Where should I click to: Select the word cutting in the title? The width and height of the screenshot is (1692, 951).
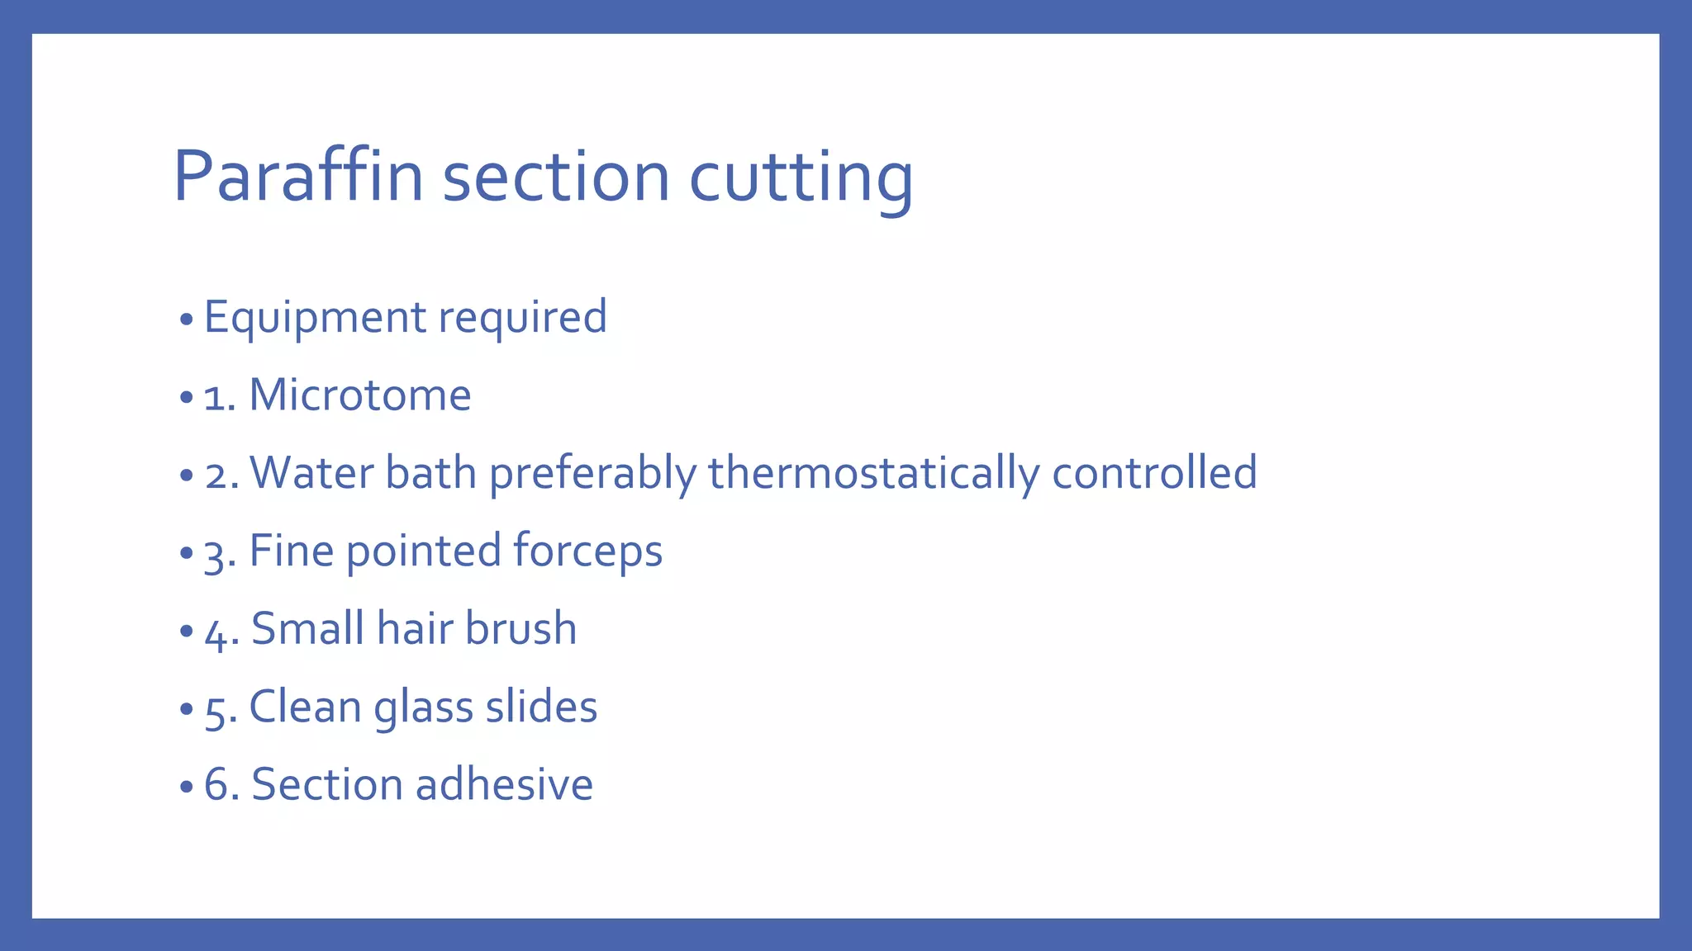[801, 177]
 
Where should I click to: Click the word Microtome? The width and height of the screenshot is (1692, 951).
[359, 395]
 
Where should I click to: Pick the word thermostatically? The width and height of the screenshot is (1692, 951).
[873, 474]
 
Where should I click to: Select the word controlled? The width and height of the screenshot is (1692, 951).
[1154, 472]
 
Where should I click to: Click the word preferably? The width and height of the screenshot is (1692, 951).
[592, 474]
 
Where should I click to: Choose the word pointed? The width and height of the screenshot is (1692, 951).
[423, 551]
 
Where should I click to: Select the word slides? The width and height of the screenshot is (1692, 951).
[541, 707]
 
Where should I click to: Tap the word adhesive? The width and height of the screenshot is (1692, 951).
[504, 784]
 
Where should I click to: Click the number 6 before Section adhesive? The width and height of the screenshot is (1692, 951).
[216, 784]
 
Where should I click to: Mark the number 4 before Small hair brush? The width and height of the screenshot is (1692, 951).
[216, 632]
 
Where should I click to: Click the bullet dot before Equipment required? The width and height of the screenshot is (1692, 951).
[186, 319]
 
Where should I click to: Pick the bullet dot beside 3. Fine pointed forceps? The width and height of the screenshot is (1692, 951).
[186, 553]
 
